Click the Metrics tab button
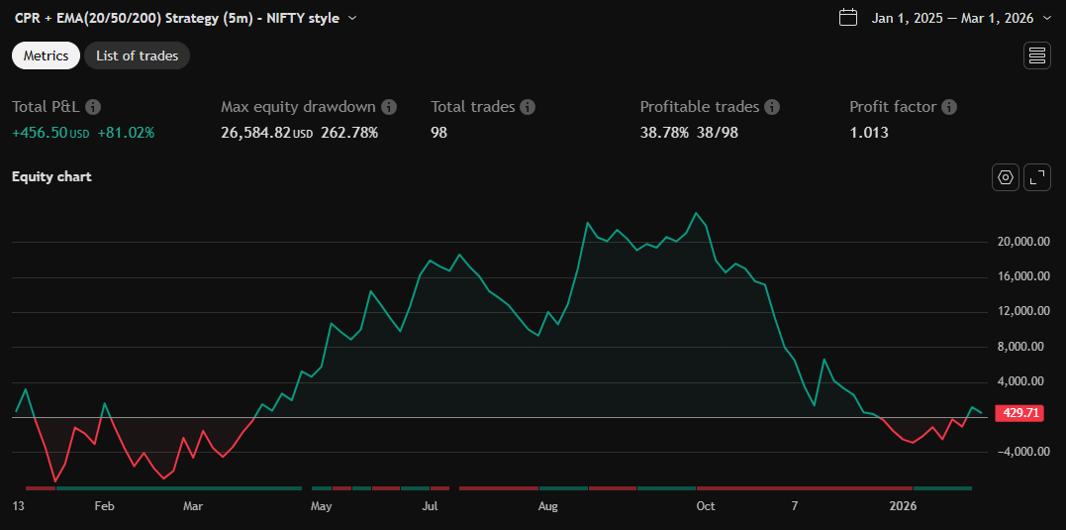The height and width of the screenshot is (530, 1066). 46,55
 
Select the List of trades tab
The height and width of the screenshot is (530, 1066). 137,55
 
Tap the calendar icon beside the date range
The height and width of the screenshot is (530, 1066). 847,17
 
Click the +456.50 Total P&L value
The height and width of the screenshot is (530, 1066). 40,132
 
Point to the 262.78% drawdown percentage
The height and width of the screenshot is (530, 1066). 349,132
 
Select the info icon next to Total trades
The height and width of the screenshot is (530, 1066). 528,107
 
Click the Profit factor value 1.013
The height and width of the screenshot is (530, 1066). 869,132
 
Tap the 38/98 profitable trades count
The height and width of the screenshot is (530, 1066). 716,132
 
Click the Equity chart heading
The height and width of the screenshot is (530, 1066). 51,176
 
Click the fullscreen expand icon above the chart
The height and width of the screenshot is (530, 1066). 1036,177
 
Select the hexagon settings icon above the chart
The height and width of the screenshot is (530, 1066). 1006,177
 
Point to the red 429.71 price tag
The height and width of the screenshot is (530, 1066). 1019,412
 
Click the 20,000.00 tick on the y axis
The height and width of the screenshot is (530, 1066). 1022,241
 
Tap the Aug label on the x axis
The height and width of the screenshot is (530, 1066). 547,506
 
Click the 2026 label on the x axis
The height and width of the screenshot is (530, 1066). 903,506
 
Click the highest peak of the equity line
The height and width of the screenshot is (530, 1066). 697,213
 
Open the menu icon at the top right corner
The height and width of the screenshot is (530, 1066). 1036,55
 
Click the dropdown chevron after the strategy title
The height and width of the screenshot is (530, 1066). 353,18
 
